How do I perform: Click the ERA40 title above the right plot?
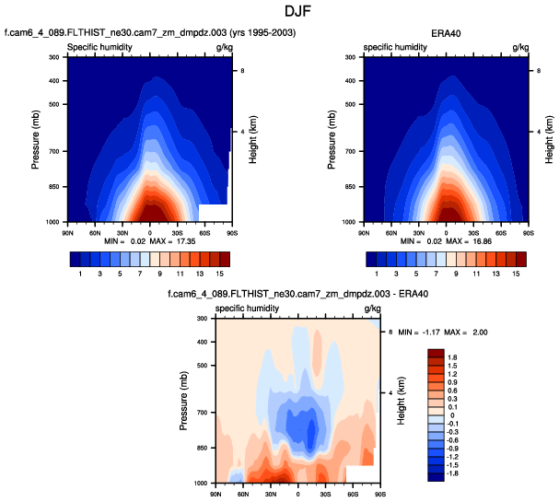coord(447,32)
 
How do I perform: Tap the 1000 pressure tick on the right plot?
coord(349,223)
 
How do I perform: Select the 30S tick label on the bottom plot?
coord(325,492)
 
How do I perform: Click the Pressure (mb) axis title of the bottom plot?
coord(184,401)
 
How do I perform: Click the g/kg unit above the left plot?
coord(224,46)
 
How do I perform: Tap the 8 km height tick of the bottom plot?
coord(390,331)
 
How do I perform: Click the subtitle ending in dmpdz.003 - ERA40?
coord(297,294)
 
